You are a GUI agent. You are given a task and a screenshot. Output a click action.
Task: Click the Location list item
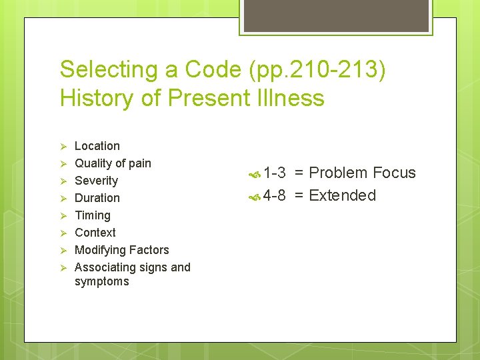click(x=97, y=146)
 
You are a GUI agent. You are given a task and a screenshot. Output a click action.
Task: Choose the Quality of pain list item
click(x=113, y=163)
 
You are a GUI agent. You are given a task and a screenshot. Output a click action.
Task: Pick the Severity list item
click(x=96, y=181)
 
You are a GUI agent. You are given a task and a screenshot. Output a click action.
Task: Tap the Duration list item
click(x=97, y=198)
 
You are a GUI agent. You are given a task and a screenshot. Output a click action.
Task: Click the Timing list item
click(x=93, y=215)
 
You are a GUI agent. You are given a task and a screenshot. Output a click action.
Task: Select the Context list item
click(x=95, y=233)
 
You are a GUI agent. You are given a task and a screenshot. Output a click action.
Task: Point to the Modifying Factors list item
click(x=122, y=250)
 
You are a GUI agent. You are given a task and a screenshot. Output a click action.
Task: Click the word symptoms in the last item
click(x=102, y=281)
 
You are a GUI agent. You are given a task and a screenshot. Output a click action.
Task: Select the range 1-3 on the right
click(x=275, y=173)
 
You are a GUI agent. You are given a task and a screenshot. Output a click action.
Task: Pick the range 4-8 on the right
click(x=275, y=195)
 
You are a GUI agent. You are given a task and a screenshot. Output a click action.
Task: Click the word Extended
click(x=343, y=195)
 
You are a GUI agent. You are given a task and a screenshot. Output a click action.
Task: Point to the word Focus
click(x=394, y=173)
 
